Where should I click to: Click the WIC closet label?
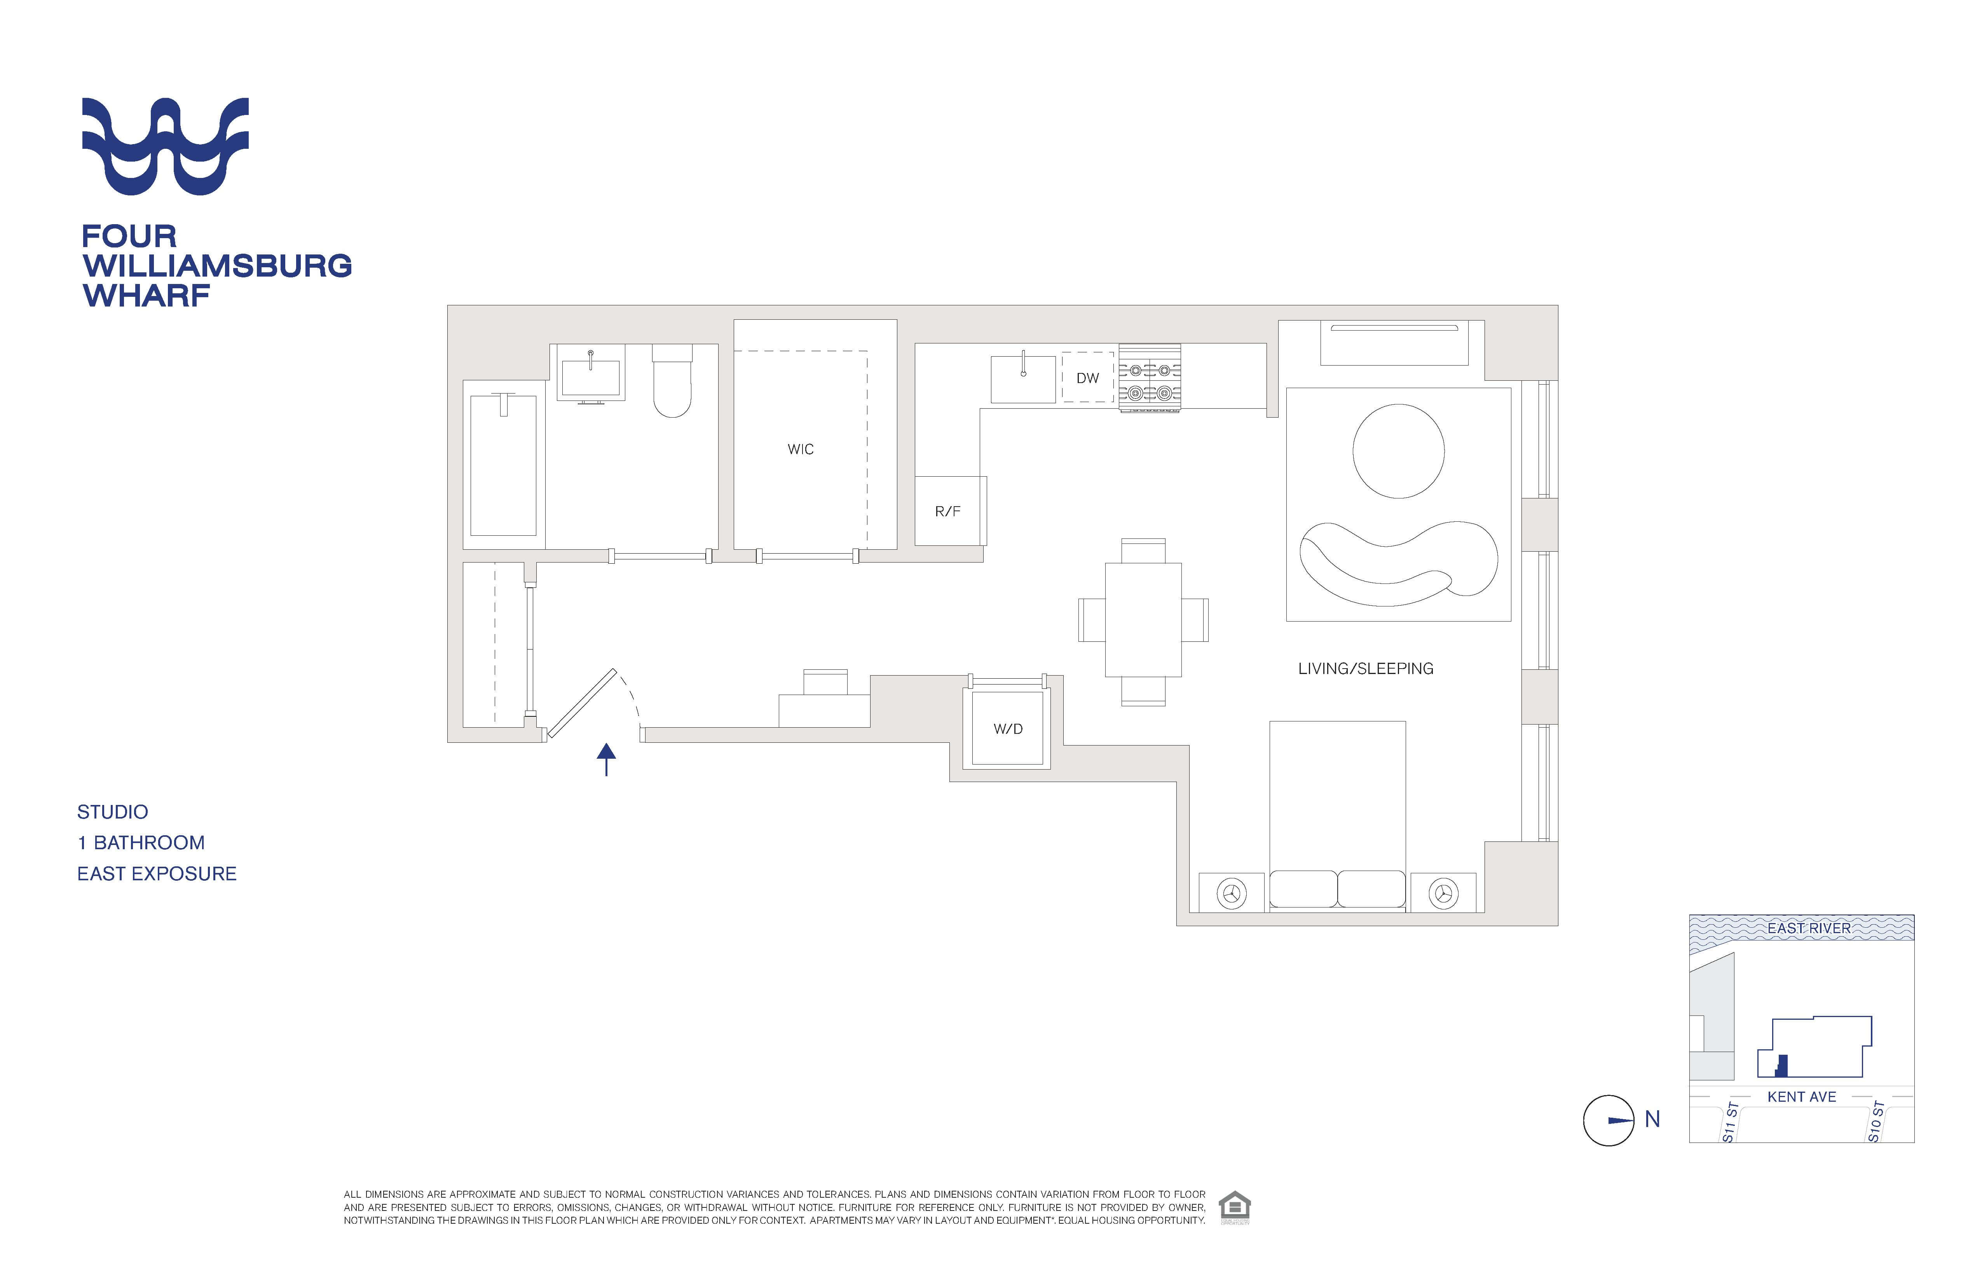pyautogui.click(x=800, y=449)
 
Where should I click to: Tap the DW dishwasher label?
pyautogui.click(x=1088, y=378)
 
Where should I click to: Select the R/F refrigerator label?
pyautogui.click(x=948, y=511)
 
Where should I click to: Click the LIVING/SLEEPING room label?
pyautogui.click(x=1366, y=669)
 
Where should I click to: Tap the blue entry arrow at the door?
pyautogui.click(x=606, y=759)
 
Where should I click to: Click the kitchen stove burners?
pyautogui.click(x=1149, y=379)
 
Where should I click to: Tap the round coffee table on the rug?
pyautogui.click(x=1398, y=451)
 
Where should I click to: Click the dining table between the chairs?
pyautogui.click(x=1143, y=620)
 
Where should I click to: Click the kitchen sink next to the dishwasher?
pyautogui.click(x=1024, y=380)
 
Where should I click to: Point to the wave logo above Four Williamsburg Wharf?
pyautogui.click(x=165, y=146)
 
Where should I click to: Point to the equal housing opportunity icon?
pyautogui.click(x=1234, y=1207)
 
